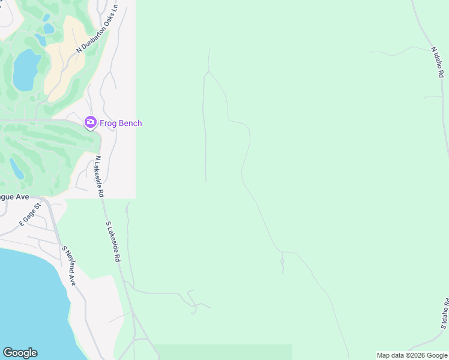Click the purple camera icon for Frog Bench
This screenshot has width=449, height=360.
(90, 123)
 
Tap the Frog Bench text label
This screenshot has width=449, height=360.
(121, 124)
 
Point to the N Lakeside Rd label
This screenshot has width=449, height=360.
(100, 176)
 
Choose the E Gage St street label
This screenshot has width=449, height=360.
(29, 214)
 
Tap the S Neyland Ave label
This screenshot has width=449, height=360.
(68, 265)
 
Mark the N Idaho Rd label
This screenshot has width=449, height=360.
(437, 62)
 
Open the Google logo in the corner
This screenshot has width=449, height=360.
(20, 353)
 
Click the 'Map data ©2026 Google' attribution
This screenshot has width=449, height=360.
(412, 355)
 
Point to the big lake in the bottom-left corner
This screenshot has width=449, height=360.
(30, 300)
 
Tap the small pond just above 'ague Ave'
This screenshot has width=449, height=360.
(16, 169)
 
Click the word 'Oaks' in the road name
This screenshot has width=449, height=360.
(106, 20)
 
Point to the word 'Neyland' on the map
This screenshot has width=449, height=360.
(70, 268)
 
